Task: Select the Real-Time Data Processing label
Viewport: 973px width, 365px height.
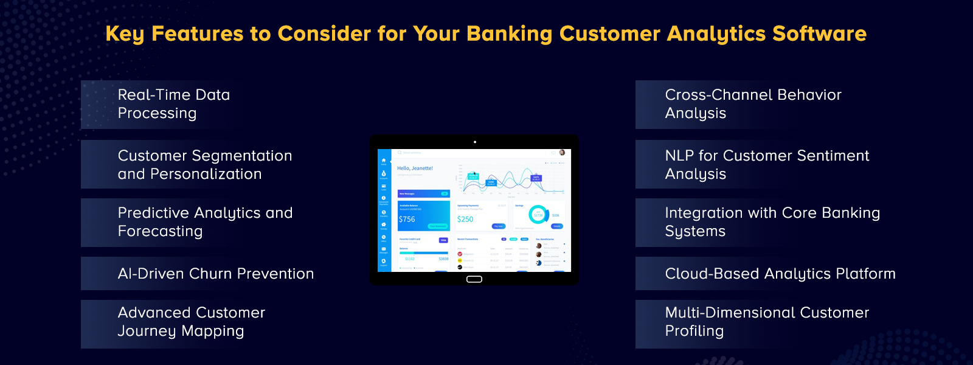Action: pos(174,104)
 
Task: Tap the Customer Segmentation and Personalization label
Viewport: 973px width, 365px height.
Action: pos(205,165)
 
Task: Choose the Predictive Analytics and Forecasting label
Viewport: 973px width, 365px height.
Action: pos(205,222)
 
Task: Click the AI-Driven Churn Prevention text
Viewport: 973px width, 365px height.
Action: pos(216,274)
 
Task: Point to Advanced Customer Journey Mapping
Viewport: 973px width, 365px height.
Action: pos(192,322)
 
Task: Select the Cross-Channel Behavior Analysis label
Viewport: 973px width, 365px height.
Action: pos(753,104)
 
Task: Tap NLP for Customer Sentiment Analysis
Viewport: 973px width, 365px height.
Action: pos(767,165)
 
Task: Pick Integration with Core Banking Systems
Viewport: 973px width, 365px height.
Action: pos(772,222)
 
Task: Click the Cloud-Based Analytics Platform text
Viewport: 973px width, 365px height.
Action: pos(780,274)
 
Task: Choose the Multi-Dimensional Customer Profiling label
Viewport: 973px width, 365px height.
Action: pos(767,322)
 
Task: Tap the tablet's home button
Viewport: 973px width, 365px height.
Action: pos(474,279)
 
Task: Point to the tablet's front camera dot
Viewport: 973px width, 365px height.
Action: pos(475,142)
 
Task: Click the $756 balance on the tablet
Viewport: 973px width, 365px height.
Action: pos(407,219)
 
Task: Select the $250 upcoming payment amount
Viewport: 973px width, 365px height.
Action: pos(465,219)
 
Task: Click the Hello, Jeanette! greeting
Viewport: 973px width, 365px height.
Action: pos(415,169)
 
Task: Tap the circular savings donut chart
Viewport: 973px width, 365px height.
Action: pos(538,215)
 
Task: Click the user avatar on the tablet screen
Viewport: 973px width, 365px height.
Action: pos(562,153)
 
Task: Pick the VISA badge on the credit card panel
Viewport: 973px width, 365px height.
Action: pos(443,240)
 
